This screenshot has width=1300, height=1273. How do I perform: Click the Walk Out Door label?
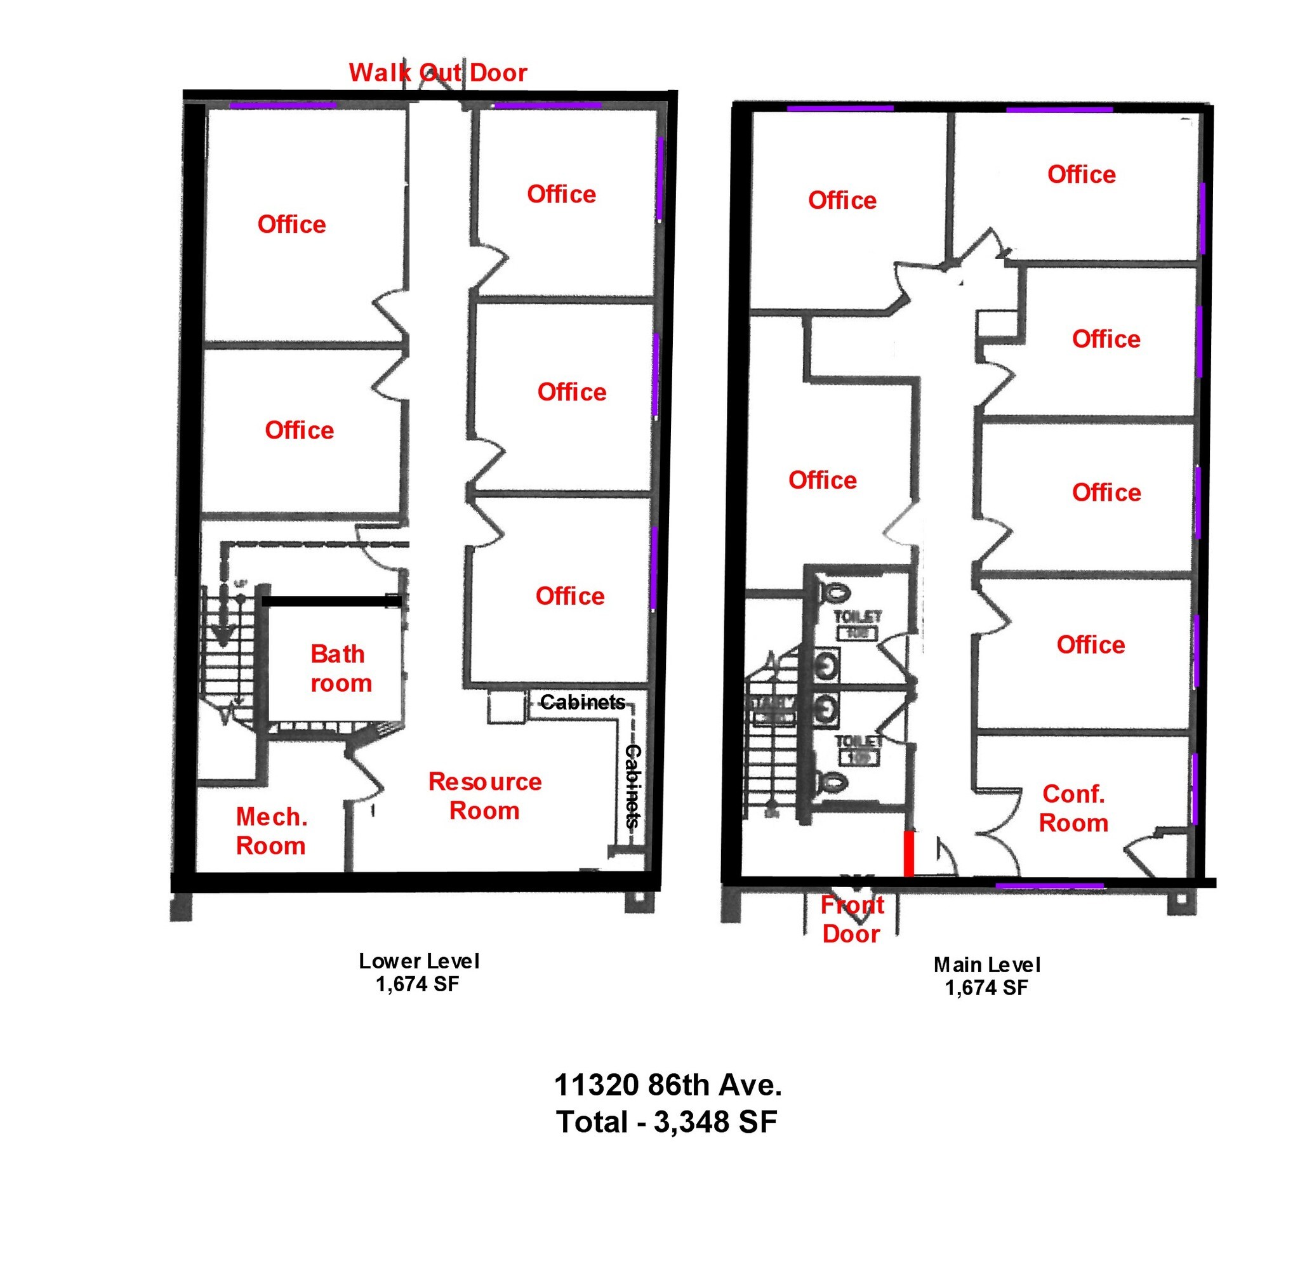(x=438, y=72)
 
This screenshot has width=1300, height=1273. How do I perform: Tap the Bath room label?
(x=340, y=668)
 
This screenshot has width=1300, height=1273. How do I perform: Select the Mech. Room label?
(x=271, y=831)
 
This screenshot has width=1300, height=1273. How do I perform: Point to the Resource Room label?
(x=485, y=796)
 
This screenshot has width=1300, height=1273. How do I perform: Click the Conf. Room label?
(x=1073, y=808)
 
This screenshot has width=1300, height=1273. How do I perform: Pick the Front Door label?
(x=851, y=920)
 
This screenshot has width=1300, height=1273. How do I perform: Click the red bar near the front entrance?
(x=909, y=854)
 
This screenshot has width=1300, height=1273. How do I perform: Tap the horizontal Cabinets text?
(x=583, y=702)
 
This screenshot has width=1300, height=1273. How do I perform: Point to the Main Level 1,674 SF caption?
(x=986, y=976)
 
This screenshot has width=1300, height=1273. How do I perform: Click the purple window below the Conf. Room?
(x=1049, y=886)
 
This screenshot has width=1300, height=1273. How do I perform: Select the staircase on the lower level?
(x=228, y=662)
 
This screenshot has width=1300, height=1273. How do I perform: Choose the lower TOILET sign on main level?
(x=858, y=749)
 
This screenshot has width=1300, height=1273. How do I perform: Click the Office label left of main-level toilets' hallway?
(x=822, y=480)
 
